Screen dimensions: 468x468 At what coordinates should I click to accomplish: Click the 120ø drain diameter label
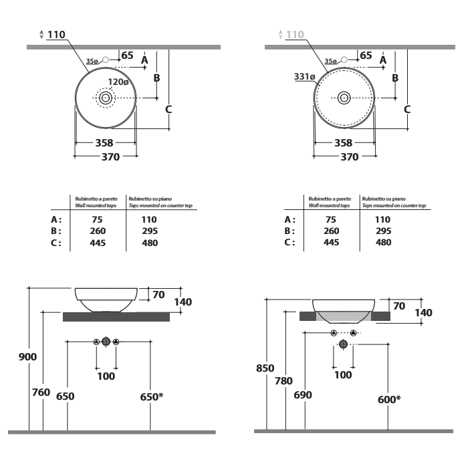[x=118, y=82]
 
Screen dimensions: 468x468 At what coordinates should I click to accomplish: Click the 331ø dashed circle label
[x=304, y=77]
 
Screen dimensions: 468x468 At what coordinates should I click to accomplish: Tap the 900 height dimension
[x=27, y=356]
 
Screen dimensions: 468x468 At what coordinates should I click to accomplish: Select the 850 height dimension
[x=265, y=368]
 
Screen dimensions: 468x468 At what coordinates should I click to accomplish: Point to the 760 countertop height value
[x=41, y=392]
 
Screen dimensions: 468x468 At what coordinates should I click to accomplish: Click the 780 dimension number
[x=283, y=381]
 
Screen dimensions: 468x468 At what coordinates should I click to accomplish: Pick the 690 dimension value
[x=303, y=395]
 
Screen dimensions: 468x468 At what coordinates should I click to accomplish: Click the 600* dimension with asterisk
[x=389, y=399]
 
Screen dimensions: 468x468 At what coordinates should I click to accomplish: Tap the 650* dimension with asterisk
[x=152, y=396]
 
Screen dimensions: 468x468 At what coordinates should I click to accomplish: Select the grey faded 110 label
[x=295, y=35]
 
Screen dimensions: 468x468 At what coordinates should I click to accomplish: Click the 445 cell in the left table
[x=98, y=243]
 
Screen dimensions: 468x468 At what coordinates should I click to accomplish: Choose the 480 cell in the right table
[x=383, y=242]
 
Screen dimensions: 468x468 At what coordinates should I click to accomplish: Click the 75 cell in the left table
[x=98, y=220]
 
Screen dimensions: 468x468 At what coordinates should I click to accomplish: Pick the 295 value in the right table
[x=384, y=231]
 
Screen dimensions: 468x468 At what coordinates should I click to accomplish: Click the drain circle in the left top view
[x=106, y=98]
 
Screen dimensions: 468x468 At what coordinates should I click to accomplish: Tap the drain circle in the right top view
[x=344, y=98]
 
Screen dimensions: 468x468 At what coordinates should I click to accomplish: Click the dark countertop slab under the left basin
[x=116, y=317]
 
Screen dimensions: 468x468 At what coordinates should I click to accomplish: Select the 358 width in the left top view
[x=104, y=143]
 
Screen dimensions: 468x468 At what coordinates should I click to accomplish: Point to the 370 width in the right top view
[x=350, y=157]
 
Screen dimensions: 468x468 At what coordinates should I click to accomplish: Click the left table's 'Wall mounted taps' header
[x=96, y=205]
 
